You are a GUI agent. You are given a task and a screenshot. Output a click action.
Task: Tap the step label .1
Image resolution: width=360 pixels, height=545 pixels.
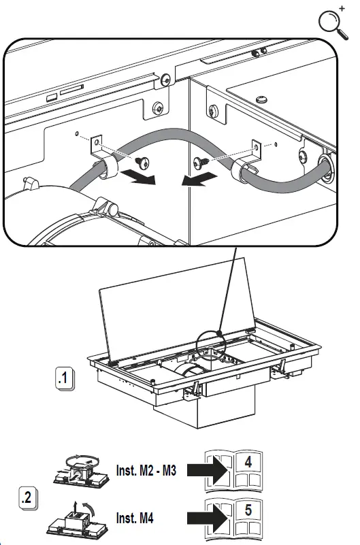coord(65,379)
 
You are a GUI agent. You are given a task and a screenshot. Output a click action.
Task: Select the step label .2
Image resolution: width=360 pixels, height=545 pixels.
coord(27,498)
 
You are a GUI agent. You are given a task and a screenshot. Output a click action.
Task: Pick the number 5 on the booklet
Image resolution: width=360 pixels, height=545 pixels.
coord(248,509)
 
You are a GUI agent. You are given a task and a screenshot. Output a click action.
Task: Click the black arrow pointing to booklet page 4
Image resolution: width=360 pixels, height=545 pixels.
coord(207,468)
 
